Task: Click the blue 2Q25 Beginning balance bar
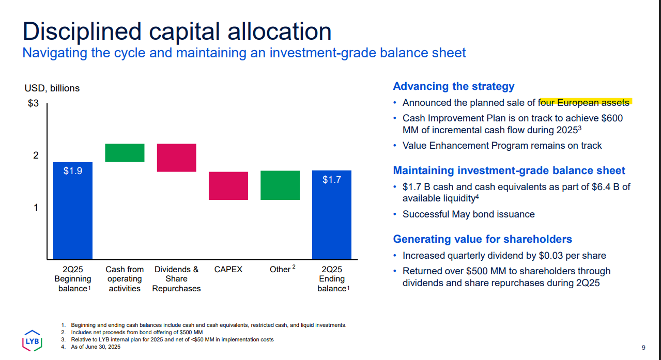(x=73, y=217)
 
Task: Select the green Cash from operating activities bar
(x=125, y=153)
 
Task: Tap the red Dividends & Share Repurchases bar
(x=176, y=158)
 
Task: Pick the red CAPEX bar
(x=228, y=185)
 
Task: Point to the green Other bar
(x=280, y=185)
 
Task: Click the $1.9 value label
(x=73, y=171)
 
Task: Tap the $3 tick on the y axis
(x=33, y=103)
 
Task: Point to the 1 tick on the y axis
(x=36, y=207)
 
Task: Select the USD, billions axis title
(x=52, y=88)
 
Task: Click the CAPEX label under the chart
(x=228, y=269)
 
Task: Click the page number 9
(x=643, y=347)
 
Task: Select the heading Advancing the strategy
(x=454, y=86)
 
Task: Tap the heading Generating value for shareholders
(x=482, y=239)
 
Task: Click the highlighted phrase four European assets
(x=585, y=102)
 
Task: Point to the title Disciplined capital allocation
(x=177, y=31)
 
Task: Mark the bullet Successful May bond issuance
(x=468, y=214)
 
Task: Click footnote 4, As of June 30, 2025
(x=96, y=347)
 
